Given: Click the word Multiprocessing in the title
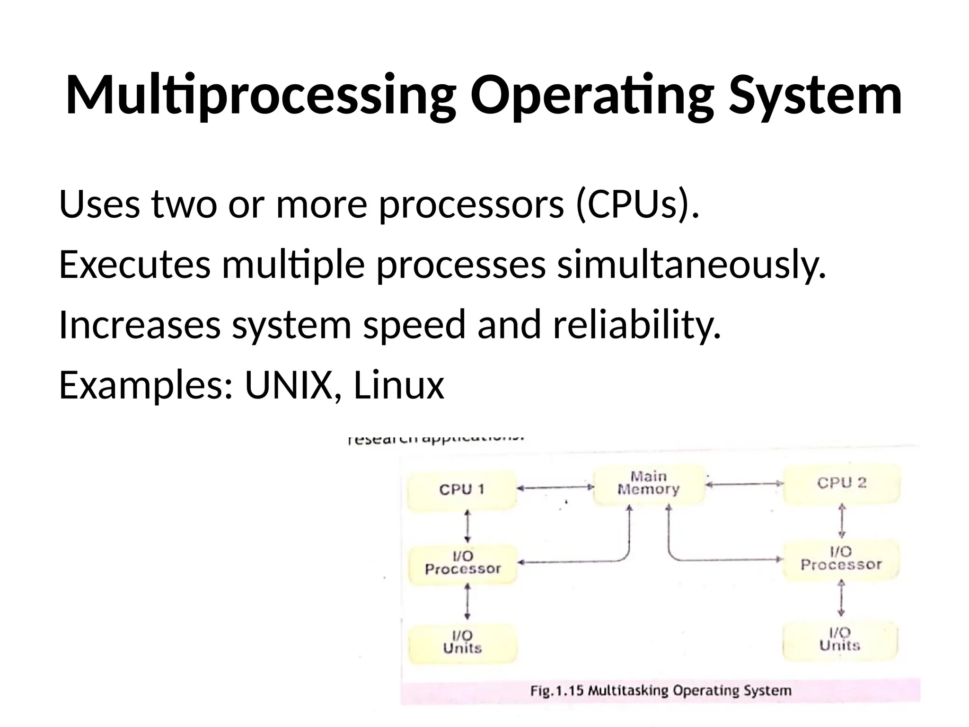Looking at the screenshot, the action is [x=260, y=96].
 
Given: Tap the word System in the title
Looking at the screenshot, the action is [x=815, y=96].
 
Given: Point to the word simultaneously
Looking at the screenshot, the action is [x=691, y=265].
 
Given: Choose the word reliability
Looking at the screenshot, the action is [x=637, y=325].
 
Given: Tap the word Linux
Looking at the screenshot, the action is [x=398, y=385].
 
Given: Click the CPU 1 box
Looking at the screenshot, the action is [x=462, y=490].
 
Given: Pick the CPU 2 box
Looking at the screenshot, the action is [x=841, y=484].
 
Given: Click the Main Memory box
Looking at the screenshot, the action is [x=648, y=484].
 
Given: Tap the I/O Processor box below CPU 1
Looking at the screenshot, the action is [x=462, y=563].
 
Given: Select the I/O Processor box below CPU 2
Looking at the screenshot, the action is [x=841, y=559].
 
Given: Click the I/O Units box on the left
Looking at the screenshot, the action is [x=462, y=643].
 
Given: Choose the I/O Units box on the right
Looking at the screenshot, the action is [x=840, y=640].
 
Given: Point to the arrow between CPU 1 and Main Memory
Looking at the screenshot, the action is [x=555, y=488].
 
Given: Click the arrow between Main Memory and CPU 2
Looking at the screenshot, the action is [x=744, y=484].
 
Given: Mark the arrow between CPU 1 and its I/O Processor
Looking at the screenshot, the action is [x=467, y=526].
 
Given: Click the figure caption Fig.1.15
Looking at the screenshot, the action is [x=660, y=691].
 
